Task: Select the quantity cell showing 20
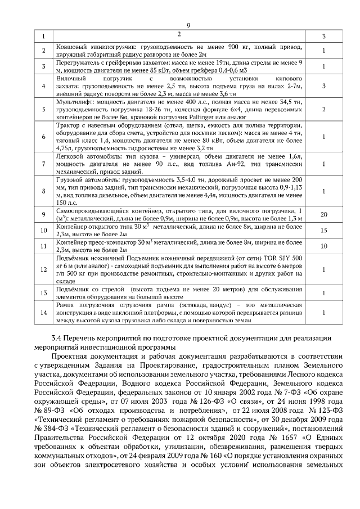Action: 324,215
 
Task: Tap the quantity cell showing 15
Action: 324,231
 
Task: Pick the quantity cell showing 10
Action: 324,246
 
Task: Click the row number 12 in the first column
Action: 43,269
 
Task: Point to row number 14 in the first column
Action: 43,312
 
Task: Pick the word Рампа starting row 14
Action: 66,304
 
